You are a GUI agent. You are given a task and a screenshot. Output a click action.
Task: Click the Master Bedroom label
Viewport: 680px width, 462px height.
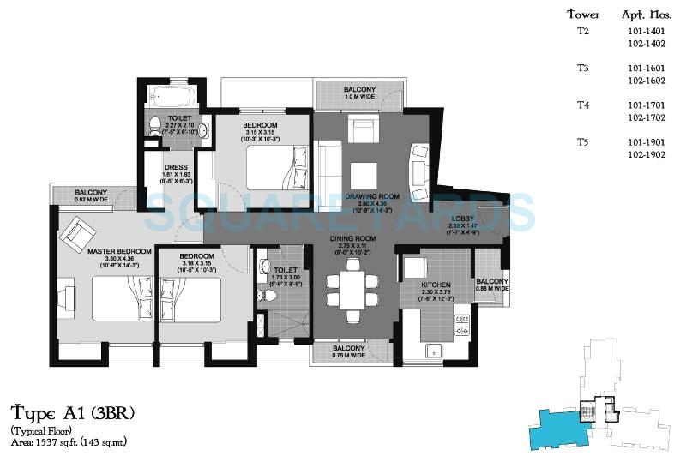pos(119,251)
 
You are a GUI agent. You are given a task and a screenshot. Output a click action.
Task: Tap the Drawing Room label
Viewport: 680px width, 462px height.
pos(368,197)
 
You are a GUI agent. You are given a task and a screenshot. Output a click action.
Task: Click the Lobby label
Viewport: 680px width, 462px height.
pos(463,219)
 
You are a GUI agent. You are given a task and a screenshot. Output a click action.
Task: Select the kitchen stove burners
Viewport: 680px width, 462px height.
pos(461,324)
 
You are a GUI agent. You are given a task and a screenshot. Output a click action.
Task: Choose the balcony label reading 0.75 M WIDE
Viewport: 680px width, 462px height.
pos(348,351)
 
